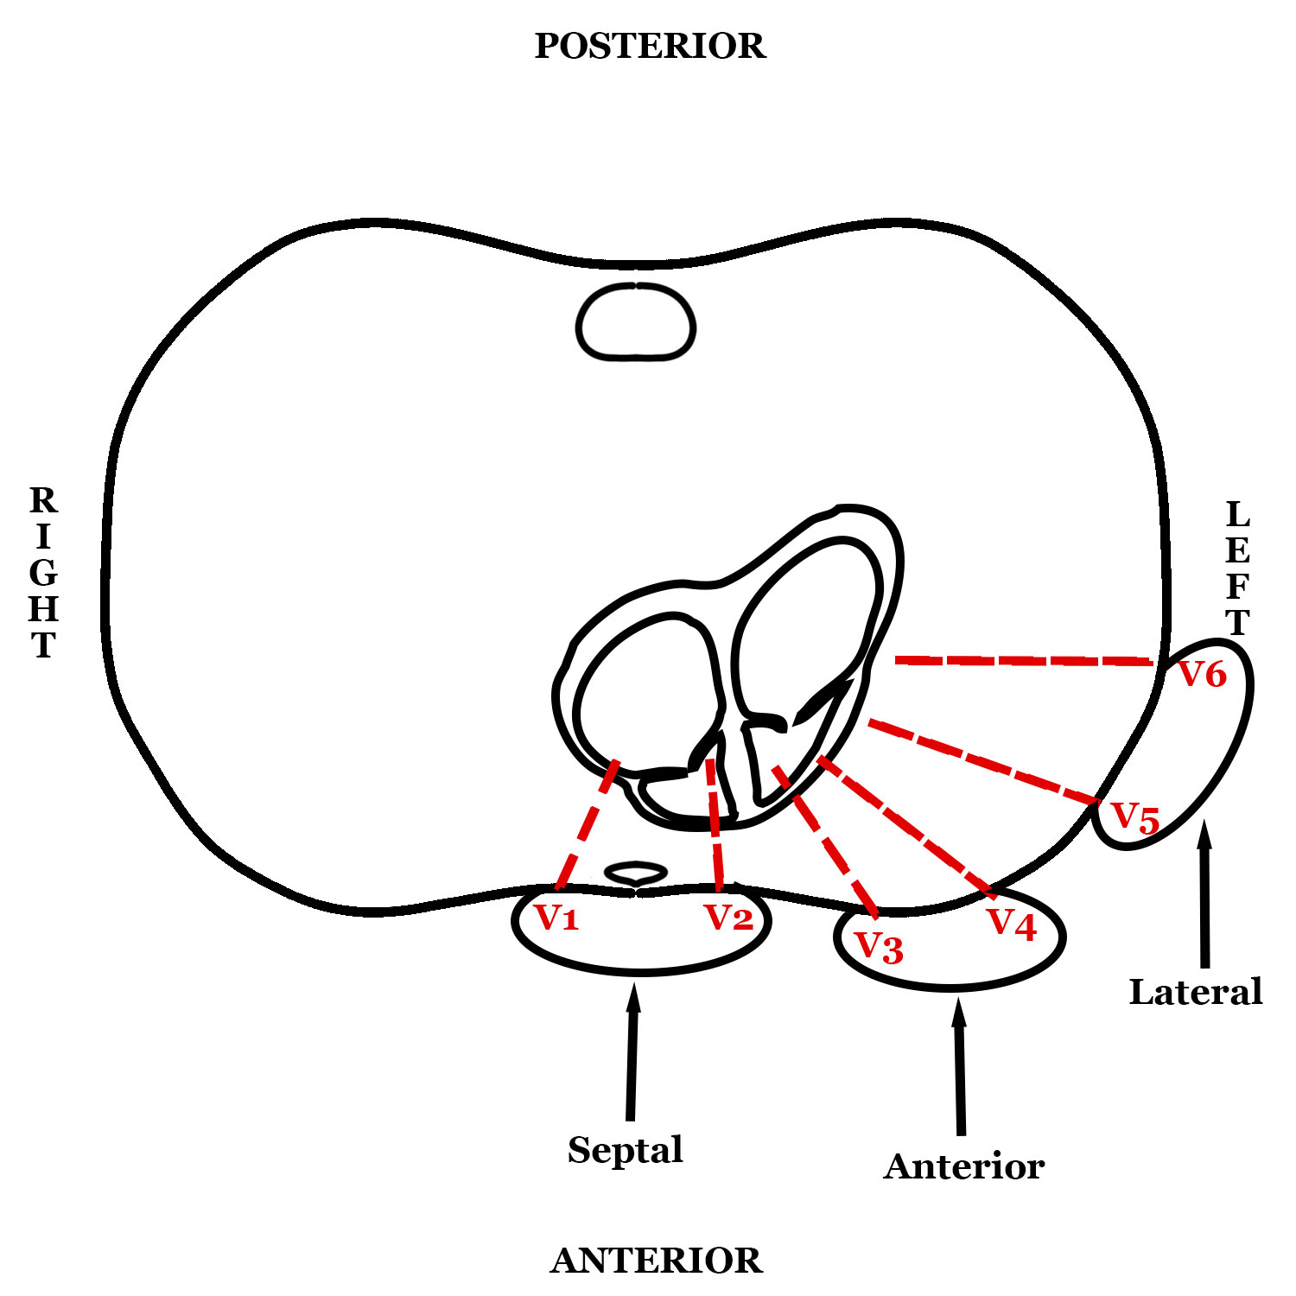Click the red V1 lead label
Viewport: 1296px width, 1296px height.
(x=556, y=917)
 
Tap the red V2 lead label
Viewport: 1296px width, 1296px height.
(x=728, y=917)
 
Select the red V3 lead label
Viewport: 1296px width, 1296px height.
(x=879, y=948)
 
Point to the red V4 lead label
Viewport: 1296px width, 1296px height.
(x=1012, y=924)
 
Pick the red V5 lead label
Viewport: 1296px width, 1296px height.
(x=1134, y=817)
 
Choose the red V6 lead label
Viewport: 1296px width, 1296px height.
(x=1203, y=674)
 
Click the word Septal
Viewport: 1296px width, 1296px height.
(x=626, y=1150)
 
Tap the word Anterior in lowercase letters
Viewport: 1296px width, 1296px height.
(x=964, y=1166)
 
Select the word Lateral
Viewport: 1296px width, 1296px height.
(x=1196, y=992)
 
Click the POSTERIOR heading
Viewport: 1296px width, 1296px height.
(x=650, y=46)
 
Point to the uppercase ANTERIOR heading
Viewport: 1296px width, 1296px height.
(x=657, y=1261)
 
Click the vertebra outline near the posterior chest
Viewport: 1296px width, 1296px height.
(x=636, y=321)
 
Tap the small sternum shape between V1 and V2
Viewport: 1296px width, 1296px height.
(x=635, y=873)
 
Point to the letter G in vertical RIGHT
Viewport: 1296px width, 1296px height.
(x=43, y=573)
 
